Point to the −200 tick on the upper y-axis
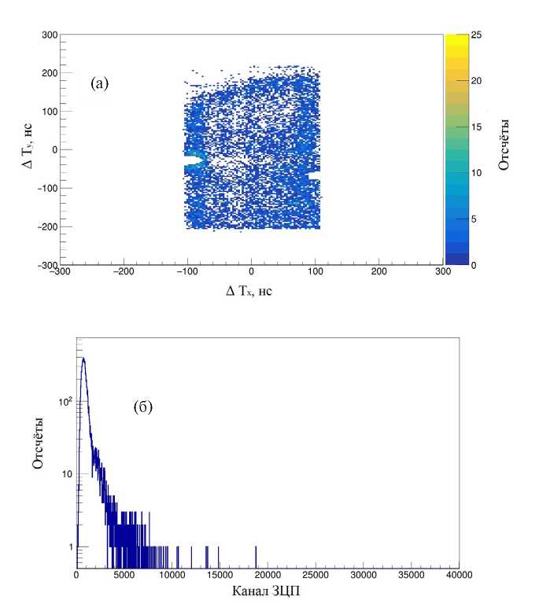pos(46,226)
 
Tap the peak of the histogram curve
pos(83,359)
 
